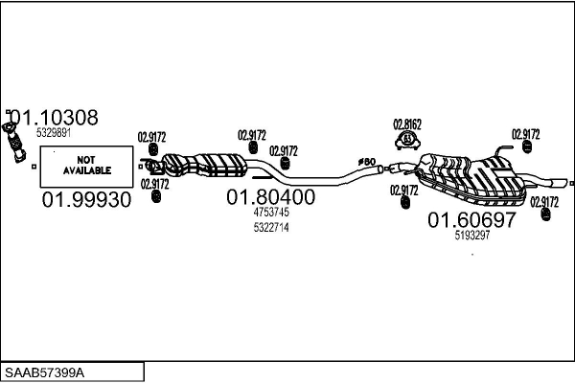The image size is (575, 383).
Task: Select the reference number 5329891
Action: coord(54,133)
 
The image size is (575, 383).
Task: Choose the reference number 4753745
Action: coord(270,212)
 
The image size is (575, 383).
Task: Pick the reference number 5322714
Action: coord(270,227)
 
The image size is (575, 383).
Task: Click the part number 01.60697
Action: coord(471,220)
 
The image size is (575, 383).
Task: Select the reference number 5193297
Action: coord(472,235)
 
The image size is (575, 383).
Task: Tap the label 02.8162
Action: coord(407,124)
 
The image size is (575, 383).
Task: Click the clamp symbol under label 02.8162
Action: coord(407,142)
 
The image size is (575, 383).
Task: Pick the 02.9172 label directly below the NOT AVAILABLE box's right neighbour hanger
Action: coord(155,183)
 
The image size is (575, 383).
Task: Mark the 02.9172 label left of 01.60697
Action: coord(404,190)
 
